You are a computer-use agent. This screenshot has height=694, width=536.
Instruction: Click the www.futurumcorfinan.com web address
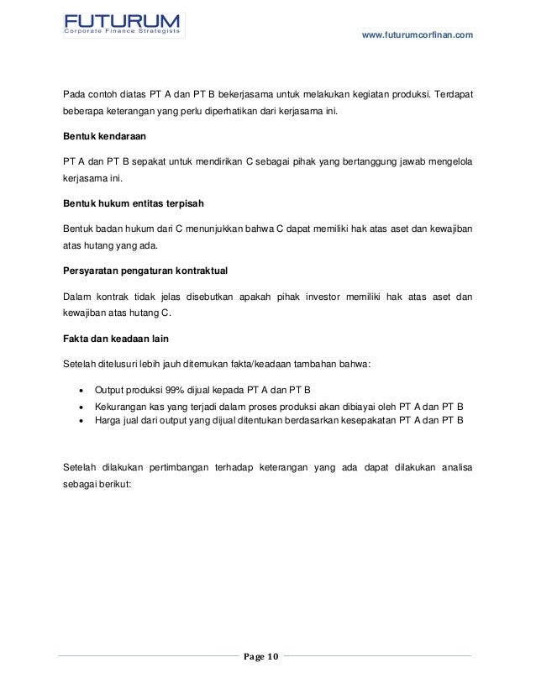(417, 34)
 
